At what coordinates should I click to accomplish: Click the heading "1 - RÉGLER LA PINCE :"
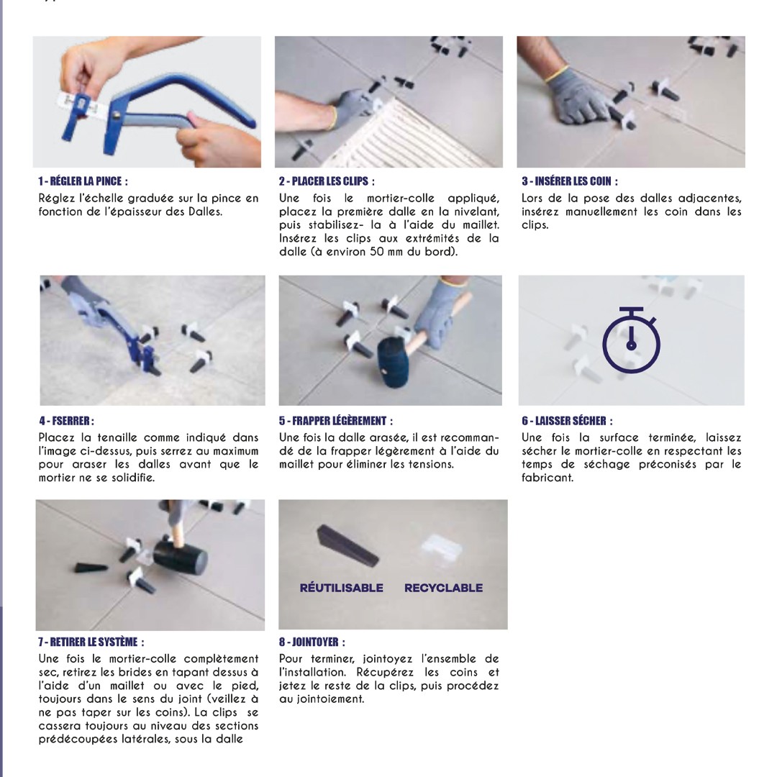pyautogui.click(x=83, y=181)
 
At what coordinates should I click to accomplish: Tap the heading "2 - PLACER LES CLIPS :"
pyautogui.click(x=327, y=181)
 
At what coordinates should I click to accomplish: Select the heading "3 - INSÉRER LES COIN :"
pyautogui.click(x=569, y=181)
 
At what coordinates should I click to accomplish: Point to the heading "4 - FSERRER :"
pyautogui.click(x=66, y=421)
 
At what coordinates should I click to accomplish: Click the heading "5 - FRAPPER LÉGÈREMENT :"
pyautogui.click(x=335, y=421)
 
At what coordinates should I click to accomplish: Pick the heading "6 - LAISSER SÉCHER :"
pyautogui.click(x=567, y=421)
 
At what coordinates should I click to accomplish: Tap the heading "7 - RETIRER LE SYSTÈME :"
pyautogui.click(x=91, y=642)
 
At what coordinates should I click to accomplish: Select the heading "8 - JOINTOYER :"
pyautogui.click(x=312, y=642)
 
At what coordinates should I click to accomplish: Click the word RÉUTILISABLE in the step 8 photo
pyautogui.click(x=342, y=589)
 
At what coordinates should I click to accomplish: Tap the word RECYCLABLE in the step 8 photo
pyautogui.click(x=443, y=589)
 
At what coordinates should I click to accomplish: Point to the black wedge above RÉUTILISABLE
pyautogui.click(x=348, y=545)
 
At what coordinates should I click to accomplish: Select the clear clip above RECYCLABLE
pyautogui.click(x=441, y=547)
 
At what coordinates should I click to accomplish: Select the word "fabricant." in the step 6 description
pyautogui.click(x=547, y=478)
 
